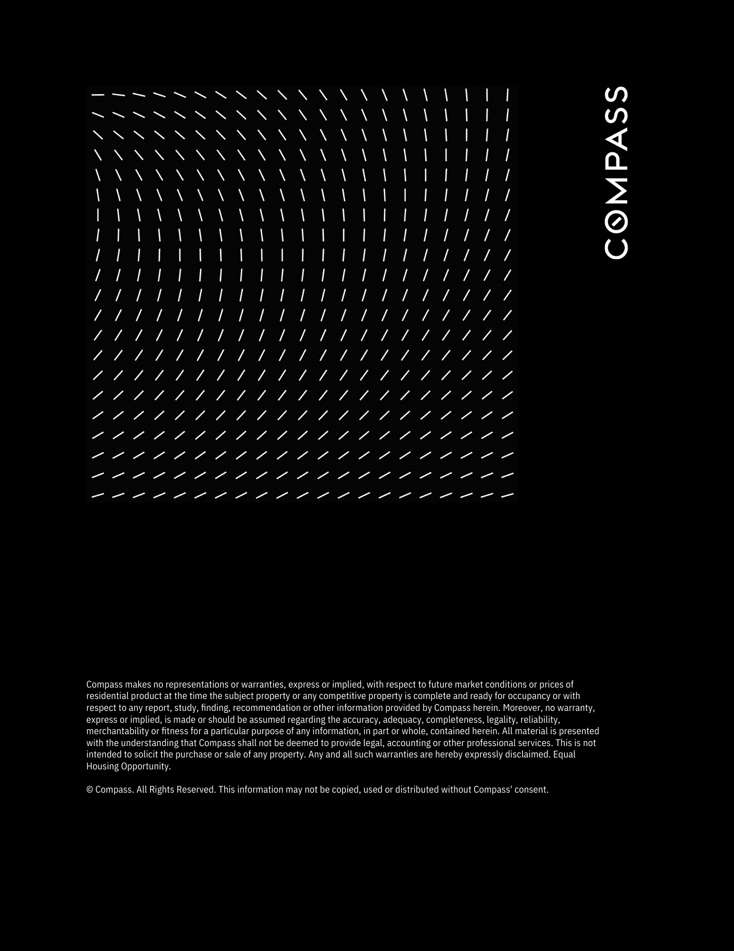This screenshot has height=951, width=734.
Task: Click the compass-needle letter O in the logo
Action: coord(616,220)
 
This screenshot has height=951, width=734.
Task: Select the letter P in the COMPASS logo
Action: coord(616,159)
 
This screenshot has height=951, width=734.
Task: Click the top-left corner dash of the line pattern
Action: coord(98,95)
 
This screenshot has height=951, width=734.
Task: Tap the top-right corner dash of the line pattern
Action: coord(508,95)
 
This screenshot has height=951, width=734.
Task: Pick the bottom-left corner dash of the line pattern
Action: coord(98,495)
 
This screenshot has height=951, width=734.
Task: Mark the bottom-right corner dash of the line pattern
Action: coord(507,495)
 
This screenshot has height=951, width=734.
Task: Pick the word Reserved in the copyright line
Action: coord(196,790)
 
